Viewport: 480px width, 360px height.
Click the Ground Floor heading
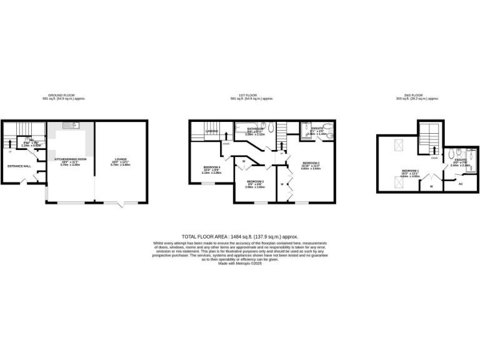point(63,96)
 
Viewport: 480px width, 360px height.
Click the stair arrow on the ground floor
point(11,147)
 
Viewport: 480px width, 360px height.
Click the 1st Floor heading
point(252,96)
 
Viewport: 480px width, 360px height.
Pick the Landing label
point(212,131)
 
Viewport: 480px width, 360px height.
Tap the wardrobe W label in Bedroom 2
point(282,184)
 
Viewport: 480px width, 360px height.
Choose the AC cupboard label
point(461,184)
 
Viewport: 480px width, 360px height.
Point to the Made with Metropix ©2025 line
point(240,263)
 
